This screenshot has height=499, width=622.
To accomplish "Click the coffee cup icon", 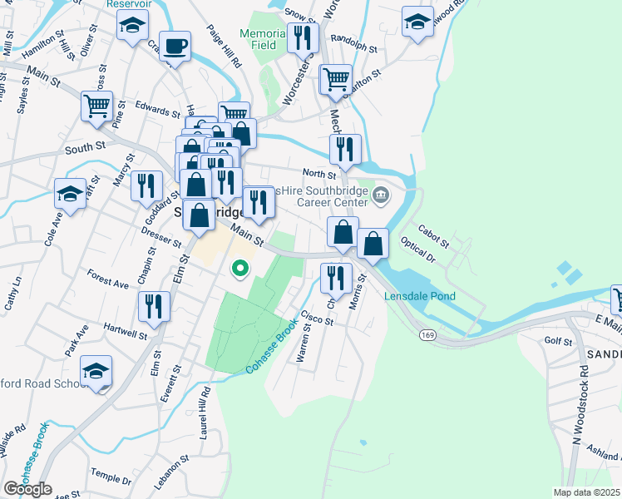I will click(175, 46).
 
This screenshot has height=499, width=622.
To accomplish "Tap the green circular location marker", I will click(240, 268).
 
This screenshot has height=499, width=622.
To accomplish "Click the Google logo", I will click(27, 489).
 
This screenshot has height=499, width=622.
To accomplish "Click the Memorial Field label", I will click(263, 39).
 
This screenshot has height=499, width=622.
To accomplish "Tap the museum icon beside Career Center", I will click(382, 196).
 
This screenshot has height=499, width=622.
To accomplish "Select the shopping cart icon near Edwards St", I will click(97, 106).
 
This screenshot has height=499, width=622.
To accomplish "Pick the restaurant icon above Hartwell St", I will click(153, 305).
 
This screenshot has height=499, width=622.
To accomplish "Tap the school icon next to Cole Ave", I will click(70, 193).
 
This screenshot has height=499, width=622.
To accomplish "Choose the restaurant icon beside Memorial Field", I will click(303, 37).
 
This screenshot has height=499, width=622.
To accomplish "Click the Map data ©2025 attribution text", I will click(586, 492).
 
